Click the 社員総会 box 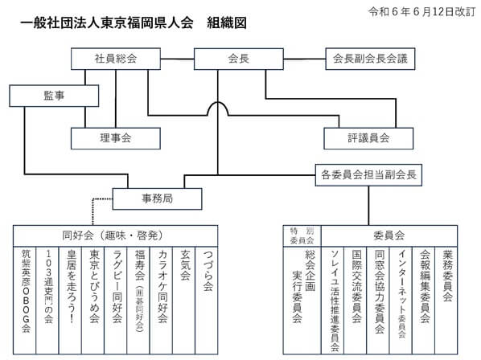pos(115,59)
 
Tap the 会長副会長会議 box pos(370,59)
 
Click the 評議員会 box pos(368,138)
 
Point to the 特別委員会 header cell pos(302,235)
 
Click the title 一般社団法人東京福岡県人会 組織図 pos(132,23)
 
